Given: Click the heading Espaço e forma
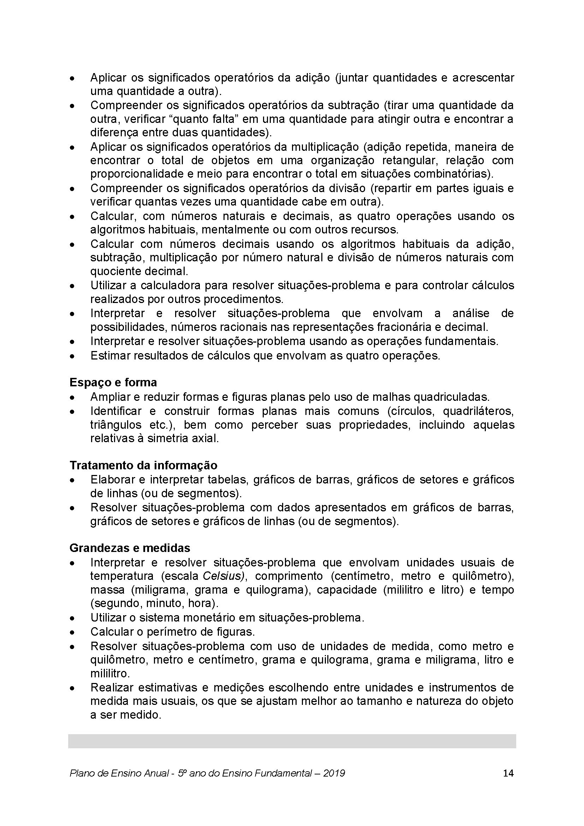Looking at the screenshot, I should coord(113,382).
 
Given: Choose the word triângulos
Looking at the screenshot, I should coord(116,424).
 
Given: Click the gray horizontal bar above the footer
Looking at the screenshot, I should coord(292,742).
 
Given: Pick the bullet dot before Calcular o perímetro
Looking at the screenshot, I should coord(72,632).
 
